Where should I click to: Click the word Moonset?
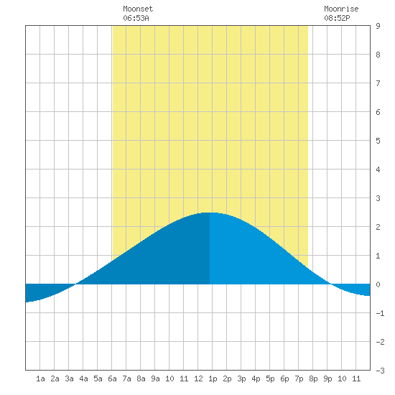click(138, 9)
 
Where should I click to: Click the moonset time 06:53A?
click(136, 18)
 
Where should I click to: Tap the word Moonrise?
click(341, 9)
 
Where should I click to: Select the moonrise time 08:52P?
click(337, 18)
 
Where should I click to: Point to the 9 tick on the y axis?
click(378, 26)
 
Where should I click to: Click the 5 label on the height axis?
click(378, 141)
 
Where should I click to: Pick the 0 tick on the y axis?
click(378, 284)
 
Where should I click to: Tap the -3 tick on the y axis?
click(380, 371)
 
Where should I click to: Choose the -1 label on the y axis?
click(380, 313)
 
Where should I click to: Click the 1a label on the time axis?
click(40, 378)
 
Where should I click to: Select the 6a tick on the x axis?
click(112, 378)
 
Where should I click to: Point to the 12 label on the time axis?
click(198, 378)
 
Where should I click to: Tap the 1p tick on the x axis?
click(213, 378)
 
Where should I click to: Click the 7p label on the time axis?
click(299, 378)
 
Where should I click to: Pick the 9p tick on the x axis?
click(327, 378)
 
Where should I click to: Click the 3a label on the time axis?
click(69, 378)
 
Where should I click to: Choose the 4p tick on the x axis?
click(256, 378)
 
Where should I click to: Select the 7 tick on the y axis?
click(378, 83)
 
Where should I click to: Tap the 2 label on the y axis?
click(378, 227)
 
